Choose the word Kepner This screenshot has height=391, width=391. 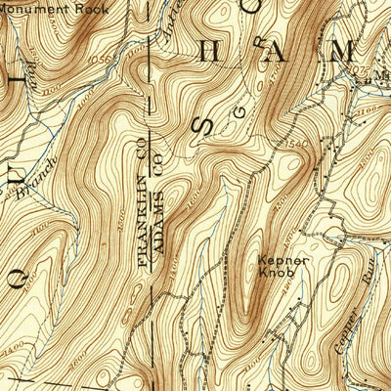pos(282,261)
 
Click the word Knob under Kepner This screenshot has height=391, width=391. pos(282,275)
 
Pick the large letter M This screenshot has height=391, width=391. pos(343,53)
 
